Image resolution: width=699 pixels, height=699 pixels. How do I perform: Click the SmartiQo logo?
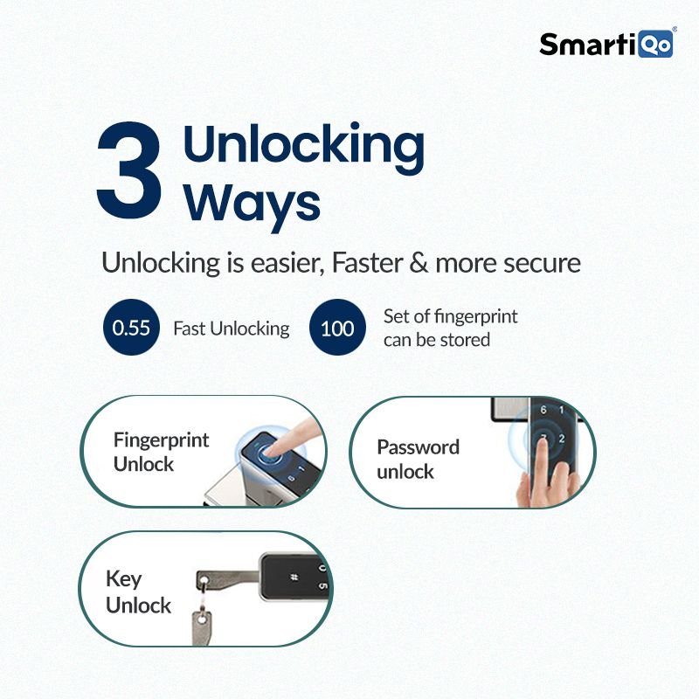(607, 44)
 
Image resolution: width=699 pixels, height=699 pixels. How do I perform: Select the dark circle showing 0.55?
(131, 328)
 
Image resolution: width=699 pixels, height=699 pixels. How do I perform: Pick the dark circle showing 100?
(337, 328)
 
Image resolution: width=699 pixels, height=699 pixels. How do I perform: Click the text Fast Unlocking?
(232, 329)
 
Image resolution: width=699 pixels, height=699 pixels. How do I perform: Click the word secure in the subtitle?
(542, 264)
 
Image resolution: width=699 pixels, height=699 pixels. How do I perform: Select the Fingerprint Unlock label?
(161, 452)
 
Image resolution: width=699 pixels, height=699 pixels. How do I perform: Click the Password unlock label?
(419, 459)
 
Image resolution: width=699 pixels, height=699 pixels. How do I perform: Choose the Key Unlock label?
(138, 593)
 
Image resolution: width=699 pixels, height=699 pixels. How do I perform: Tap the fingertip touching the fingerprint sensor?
(269, 451)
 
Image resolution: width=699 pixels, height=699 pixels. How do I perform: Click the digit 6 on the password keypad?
(543, 410)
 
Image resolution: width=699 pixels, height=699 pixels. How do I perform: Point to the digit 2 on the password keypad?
(562, 439)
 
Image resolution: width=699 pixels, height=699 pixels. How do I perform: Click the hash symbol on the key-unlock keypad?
(294, 578)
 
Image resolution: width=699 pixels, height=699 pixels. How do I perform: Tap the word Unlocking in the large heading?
(303, 147)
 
